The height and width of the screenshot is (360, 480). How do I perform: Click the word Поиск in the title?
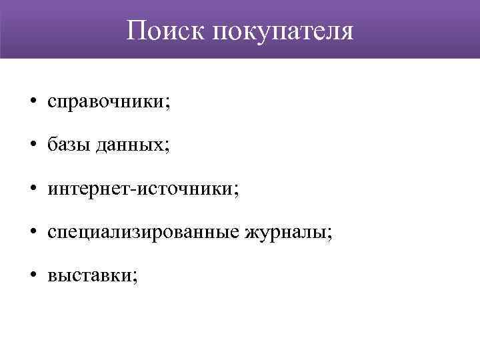166,30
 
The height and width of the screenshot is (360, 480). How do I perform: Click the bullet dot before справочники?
32,102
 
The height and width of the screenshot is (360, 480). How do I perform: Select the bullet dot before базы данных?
32,145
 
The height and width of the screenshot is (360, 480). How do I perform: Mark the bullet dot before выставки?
32,276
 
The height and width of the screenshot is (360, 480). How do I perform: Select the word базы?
66,145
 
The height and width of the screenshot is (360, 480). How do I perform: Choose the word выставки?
89,276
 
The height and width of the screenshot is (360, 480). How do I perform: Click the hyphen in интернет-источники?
137,190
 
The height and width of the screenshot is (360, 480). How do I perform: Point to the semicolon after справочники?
167,103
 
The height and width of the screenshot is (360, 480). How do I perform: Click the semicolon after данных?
167,147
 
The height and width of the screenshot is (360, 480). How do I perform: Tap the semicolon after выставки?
136,277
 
